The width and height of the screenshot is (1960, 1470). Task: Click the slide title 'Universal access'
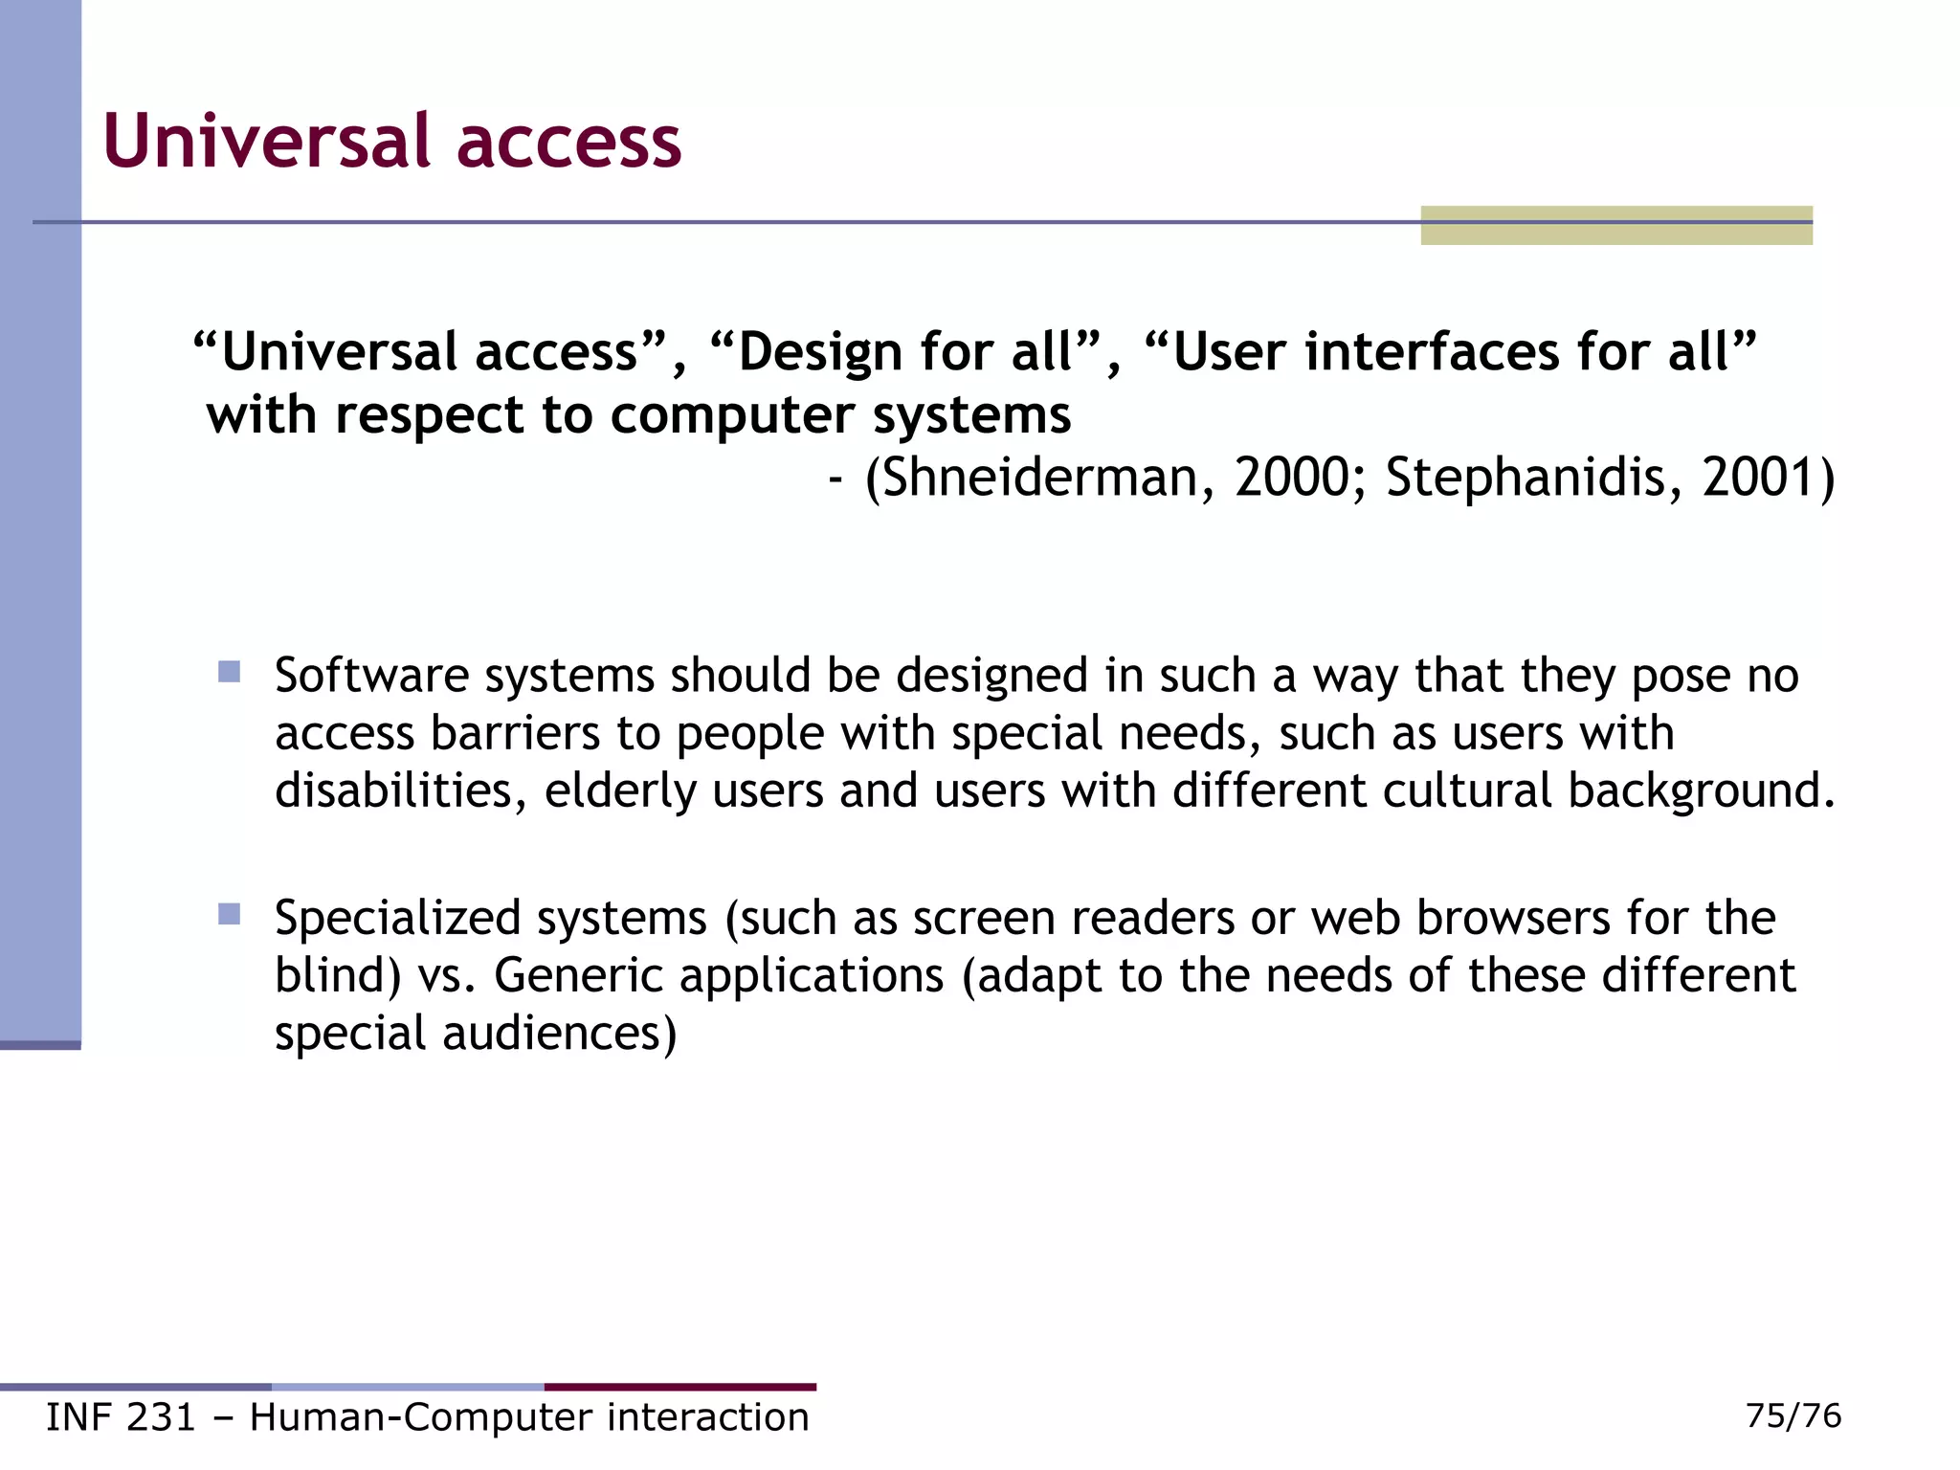(391, 142)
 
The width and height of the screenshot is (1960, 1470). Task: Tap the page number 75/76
(1793, 1415)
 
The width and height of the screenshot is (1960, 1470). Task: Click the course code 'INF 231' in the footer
(121, 1417)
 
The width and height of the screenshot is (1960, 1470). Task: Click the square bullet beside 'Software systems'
(229, 672)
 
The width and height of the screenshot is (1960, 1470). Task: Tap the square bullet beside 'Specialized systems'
(229, 914)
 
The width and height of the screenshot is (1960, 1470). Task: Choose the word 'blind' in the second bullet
(328, 975)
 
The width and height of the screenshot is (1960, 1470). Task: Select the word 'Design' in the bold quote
(818, 352)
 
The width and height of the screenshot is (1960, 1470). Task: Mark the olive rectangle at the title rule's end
(1616, 226)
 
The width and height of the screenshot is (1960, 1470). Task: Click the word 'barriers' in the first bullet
(516, 733)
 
